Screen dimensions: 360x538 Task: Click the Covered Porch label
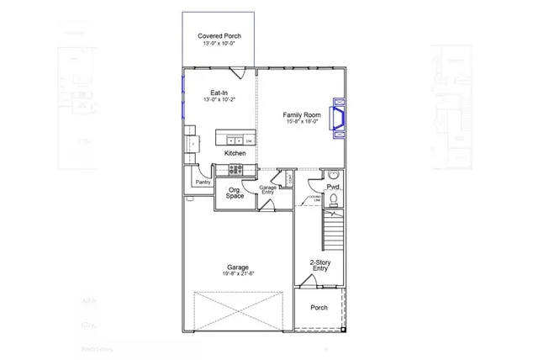tap(219, 36)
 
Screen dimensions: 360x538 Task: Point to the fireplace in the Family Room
tap(340, 119)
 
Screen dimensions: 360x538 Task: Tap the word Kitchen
tap(235, 154)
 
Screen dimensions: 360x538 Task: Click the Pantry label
tap(203, 182)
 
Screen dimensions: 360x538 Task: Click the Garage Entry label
tap(267, 190)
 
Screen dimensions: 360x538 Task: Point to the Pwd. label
tap(333, 186)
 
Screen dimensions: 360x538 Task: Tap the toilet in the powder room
tap(333, 199)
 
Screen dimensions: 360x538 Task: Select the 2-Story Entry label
tap(319, 265)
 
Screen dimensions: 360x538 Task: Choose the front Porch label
tap(319, 308)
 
